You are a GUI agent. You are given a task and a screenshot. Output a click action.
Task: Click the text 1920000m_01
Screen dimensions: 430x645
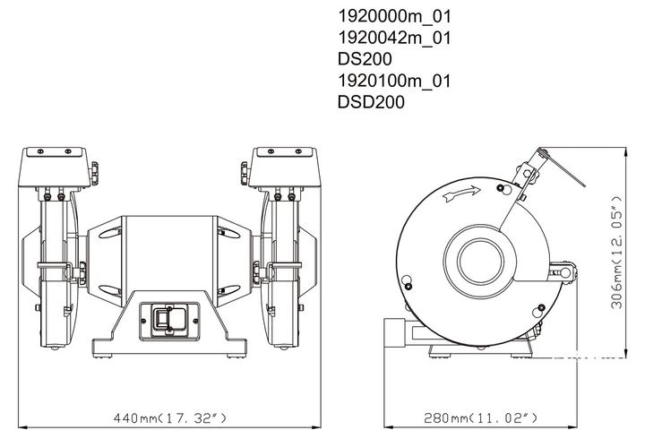[393, 16]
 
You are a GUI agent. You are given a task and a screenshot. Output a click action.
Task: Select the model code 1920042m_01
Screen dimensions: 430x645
[393, 38]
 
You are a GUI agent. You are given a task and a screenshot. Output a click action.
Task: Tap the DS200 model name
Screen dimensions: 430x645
[365, 59]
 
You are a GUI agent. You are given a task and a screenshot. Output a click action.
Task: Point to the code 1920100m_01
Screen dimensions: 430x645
[393, 81]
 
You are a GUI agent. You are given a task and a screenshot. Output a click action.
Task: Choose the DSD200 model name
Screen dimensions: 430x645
[371, 102]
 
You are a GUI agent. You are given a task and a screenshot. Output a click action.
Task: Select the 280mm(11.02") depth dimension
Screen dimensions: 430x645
[481, 417]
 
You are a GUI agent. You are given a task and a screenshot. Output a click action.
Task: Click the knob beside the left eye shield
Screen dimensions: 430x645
[94, 169]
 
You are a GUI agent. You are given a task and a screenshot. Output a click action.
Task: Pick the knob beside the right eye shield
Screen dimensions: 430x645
[245, 169]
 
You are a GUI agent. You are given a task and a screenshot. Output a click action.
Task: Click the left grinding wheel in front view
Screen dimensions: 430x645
[57, 269]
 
